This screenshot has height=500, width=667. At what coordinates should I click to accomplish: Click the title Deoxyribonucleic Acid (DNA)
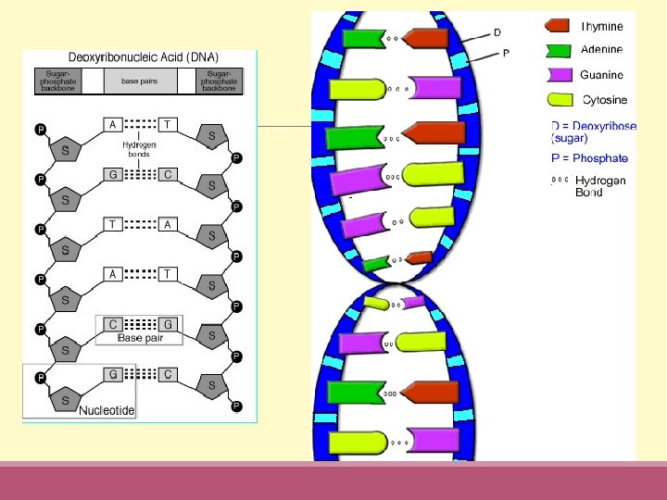140,57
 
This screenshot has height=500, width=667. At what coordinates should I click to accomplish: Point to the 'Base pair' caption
140,338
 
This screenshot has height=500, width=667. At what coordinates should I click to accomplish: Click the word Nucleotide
107,409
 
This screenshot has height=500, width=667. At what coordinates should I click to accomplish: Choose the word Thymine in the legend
601,27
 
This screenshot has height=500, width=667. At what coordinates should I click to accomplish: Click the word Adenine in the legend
601,50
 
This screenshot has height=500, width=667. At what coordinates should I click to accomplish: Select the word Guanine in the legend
601,75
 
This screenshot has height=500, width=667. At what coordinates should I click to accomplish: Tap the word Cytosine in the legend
604,99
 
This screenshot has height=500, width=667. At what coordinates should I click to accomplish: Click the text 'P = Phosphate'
589,158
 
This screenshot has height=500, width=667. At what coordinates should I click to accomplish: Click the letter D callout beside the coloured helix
497,32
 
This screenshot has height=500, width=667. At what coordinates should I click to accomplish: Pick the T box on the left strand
112,224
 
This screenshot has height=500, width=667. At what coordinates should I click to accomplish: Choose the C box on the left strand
112,323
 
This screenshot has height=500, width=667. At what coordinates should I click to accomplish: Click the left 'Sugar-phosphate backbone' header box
57,81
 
